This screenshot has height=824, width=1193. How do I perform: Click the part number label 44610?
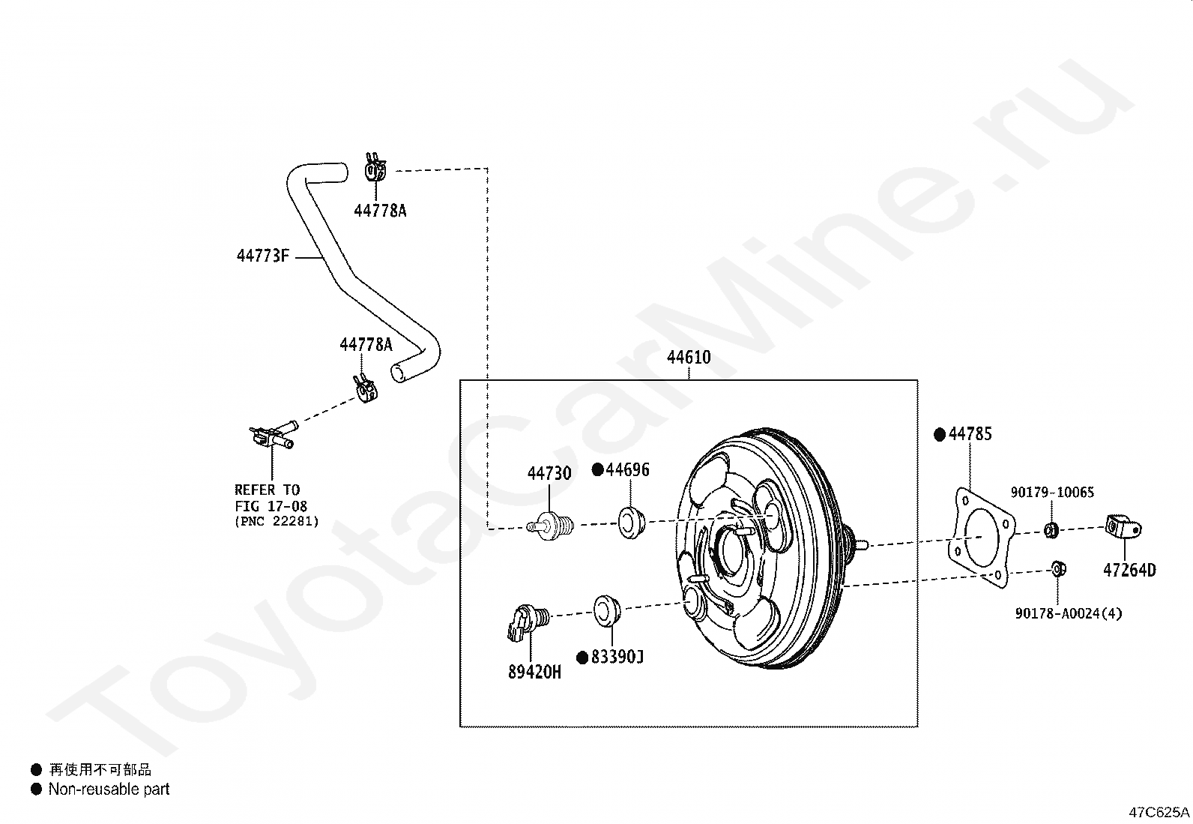point(689,357)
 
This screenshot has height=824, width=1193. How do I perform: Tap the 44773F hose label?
point(263,256)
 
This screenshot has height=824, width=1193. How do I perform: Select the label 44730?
point(549,473)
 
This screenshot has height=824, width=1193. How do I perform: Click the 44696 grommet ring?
point(632,523)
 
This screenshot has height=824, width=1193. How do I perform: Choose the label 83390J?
point(617,657)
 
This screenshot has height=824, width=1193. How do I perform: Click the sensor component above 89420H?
point(528,622)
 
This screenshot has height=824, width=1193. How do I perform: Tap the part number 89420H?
point(534,672)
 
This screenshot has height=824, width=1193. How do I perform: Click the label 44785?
point(970,434)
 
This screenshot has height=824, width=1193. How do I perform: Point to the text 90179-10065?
point(1052,492)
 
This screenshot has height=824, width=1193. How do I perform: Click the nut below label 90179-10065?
point(1051,530)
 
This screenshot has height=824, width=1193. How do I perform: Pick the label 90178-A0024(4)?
point(1069,613)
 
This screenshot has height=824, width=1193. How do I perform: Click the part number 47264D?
point(1129,571)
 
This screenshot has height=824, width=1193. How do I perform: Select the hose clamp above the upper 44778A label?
point(375,167)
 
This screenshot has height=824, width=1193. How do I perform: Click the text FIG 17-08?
point(271,506)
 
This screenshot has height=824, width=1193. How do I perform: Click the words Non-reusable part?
point(109,790)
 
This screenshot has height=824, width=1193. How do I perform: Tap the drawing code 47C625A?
point(1159,812)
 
